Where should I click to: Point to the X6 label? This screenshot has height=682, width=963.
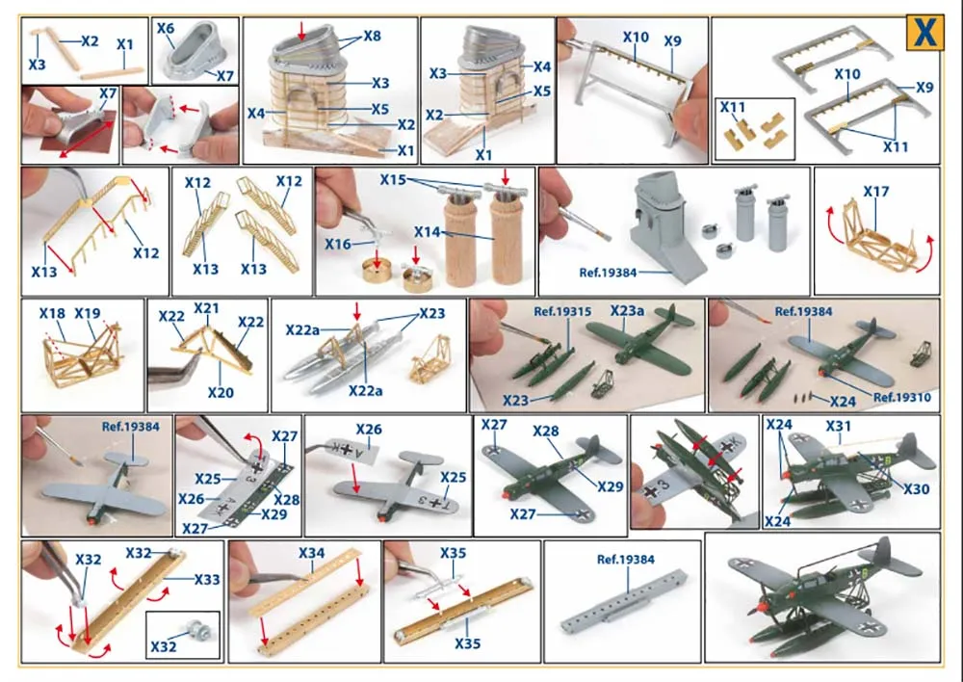pyautogui.click(x=166, y=28)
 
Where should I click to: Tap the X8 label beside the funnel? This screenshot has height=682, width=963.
pyautogui.click(x=372, y=36)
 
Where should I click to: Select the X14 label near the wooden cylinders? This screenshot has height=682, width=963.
pyautogui.click(x=427, y=232)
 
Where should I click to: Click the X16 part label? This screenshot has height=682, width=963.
pyautogui.click(x=338, y=244)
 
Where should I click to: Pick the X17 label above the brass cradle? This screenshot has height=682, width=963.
pyautogui.click(x=875, y=192)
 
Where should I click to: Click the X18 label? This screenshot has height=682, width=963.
pyautogui.click(x=52, y=313)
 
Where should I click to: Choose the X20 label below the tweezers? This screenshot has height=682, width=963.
pyautogui.click(x=221, y=392)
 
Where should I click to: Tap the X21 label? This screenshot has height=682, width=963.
pyautogui.click(x=207, y=308)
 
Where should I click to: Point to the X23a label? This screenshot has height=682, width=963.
pyautogui.click(x=627, y=311)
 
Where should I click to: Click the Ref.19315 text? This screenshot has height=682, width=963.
pyautogui.click(x=562, y=311)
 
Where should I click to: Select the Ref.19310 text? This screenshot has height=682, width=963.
pyautogui.click(x=902, y=397)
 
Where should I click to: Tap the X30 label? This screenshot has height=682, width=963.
pyautogui.click(x=916, y=489)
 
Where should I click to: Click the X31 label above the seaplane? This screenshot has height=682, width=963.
pyautogui.click(x=838, y=426)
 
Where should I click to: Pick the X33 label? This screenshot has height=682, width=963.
pyautogui.click(x=207, y=579)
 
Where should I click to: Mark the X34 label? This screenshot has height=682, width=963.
pyautogui.click(x=311, y=553)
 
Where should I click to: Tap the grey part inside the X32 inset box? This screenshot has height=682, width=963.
pyautogui.click(x=201, y=629)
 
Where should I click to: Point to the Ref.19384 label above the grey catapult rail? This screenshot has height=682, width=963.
pyautogui.click(x=626, y=560)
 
